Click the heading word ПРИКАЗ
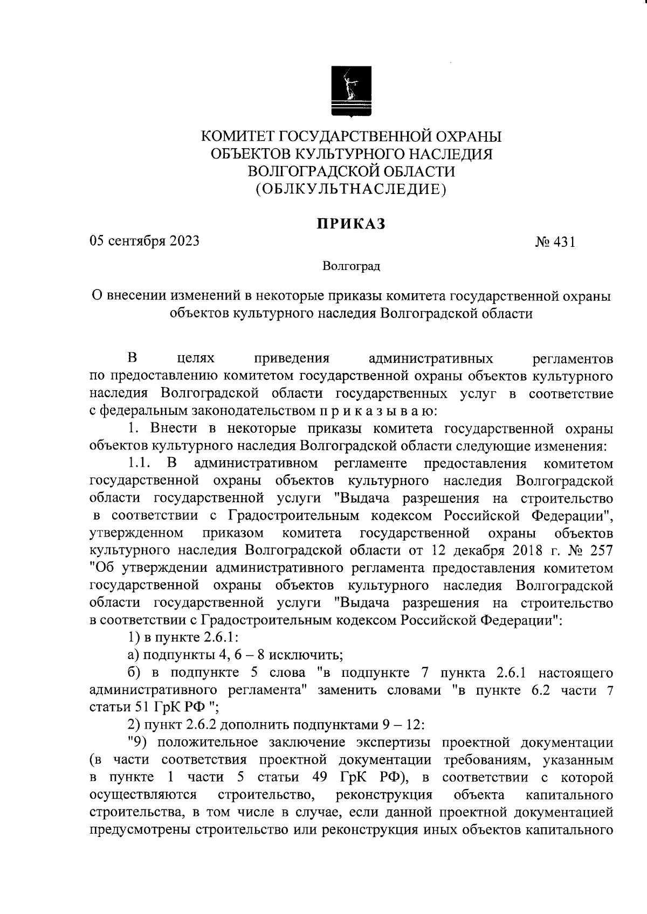(351, 224)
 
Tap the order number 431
(563, 243)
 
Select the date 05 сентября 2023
(144, 241)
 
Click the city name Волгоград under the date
(351, 266)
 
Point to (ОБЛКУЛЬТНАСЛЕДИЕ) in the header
(351, 189)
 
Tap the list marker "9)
(139, 742)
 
